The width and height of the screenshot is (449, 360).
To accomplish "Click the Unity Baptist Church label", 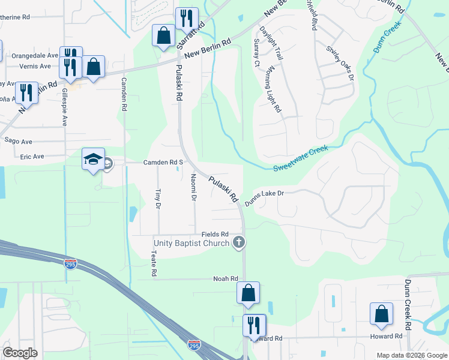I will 191,243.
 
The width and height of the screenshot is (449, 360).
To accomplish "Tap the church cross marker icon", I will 239,242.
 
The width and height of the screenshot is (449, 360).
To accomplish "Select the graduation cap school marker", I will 93,159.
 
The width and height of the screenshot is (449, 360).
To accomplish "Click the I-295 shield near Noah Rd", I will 71,263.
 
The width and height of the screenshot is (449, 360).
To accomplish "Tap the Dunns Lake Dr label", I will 264,199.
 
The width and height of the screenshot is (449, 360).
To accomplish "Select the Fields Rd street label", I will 215,234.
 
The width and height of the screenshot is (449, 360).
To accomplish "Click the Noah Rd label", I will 226,279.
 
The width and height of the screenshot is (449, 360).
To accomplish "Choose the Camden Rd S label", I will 162,163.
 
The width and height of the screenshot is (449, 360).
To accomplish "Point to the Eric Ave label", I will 32,157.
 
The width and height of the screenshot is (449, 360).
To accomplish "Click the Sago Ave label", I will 18,140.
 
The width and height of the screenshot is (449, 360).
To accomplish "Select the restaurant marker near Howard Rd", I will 254,326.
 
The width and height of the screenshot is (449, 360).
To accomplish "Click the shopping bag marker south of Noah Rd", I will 248,293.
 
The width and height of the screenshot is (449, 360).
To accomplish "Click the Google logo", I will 20,353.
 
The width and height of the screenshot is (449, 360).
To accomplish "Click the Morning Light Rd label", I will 273,95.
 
